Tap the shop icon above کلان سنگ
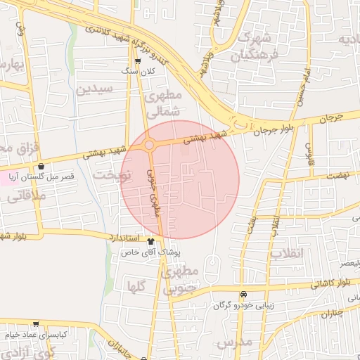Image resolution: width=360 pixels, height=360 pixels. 137,61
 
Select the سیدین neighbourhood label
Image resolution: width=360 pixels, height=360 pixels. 95,89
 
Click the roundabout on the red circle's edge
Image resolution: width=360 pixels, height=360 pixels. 150,145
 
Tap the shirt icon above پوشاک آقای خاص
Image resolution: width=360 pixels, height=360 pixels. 150,241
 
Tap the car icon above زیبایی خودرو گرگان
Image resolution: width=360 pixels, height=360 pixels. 243,295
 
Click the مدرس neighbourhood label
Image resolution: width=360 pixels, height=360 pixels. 233,342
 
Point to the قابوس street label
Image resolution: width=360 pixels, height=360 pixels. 309,153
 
